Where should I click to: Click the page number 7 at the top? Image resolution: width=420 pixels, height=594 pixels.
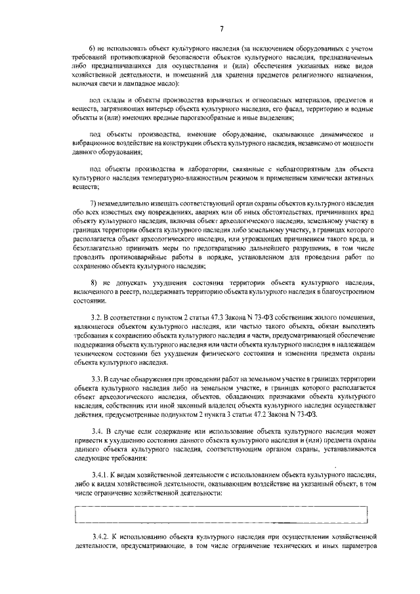pos(222,28)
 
